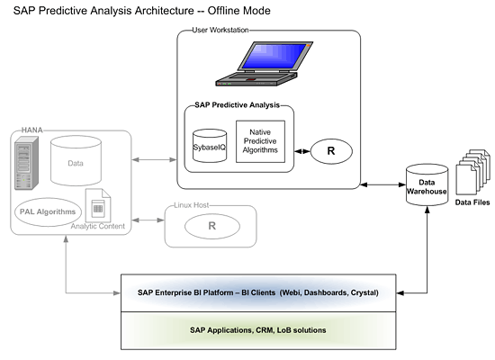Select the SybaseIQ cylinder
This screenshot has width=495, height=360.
pyautogui.click(x=210, y=146)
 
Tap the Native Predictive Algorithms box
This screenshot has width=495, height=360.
pyautogui.click(x=260, y=141)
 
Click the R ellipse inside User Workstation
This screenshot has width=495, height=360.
pyautogui.click(x=331, y=151)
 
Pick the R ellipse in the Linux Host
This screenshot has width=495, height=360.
pyautogui.click(x=212, y=226)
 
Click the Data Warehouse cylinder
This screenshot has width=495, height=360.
pyautogui.click(x=427, y=184)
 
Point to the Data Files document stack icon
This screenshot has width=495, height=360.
pyautogui.click(x=472, y=172)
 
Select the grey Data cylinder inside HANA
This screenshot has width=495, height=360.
pyautogui.click(x=76, y=161)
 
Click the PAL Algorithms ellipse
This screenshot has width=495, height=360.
pyautogui.click(x=48, y=211)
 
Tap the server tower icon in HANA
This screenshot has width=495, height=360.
pyautogui.click(x=26, y=163)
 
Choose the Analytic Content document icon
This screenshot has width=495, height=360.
pyautogui.click(x=98, y=205)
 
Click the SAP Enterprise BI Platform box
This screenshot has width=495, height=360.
pyautogui.click(x=258, y=293)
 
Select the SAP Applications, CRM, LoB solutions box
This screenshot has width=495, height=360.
pyautogui.click(x=258, y=330)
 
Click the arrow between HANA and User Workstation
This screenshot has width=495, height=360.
pyautogui.click(x=154, y=160)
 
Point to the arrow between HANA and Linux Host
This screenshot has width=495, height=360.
pyautogui.click(x=148, y=220)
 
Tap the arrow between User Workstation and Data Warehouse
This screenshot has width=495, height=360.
pyautogui.click(x=382, y=184)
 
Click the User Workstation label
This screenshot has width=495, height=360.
pyautogui.click(x=220, y=30)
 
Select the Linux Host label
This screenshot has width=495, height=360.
pyautogui.click(x=192, y=205)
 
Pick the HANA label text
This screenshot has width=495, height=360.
pyautogui.click(x=31, y=130)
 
